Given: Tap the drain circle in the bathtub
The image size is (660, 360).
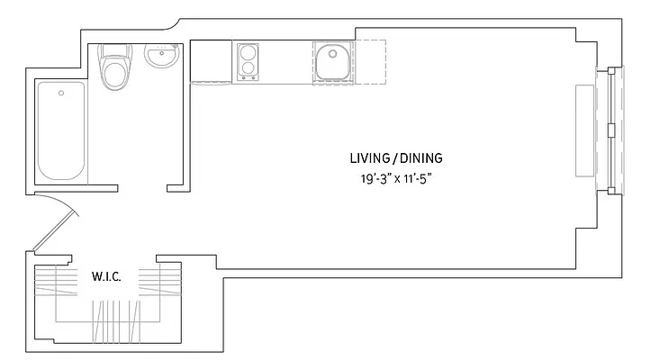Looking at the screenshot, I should (x=61, y=91).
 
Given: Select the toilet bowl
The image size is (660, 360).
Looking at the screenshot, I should (x=114, y=76).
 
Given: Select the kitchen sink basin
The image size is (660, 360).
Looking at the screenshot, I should (x=333, y=62).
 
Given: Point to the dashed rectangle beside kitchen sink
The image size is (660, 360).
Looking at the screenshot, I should (x=370, y=62).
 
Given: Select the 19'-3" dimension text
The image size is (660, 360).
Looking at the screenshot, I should (x=374, y=178).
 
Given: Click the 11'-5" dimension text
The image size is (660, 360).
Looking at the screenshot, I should (x=422, y=178).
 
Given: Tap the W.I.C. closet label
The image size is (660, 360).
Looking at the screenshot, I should (x=106, y=275).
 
